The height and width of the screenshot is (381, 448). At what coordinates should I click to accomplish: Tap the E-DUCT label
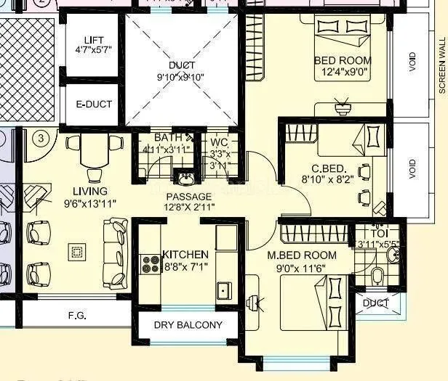[95, 104]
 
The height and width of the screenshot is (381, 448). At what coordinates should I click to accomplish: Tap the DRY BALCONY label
[188, 324]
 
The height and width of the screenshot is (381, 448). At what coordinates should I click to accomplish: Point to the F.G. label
[78, 316]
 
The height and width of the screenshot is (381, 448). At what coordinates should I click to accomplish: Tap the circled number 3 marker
[42, 138]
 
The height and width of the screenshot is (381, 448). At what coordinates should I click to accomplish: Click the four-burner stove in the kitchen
[151, 263]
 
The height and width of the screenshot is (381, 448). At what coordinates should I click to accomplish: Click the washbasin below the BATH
[185, 179]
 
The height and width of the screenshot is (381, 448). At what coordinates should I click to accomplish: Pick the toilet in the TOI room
[376, 276]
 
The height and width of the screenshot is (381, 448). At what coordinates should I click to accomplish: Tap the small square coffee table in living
[75, 252]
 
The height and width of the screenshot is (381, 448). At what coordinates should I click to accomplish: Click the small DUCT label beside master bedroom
[376, 303]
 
